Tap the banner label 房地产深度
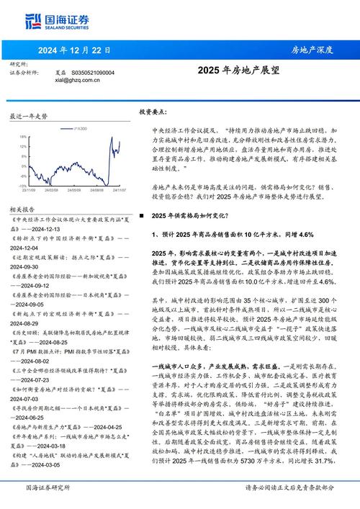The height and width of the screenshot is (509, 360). pyautogui.click(x=312, y=50)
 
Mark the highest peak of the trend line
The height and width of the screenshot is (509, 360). pyautogui.click(x=115, y=135)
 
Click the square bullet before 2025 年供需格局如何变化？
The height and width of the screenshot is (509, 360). pyautogui.click(x=142, y=216)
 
